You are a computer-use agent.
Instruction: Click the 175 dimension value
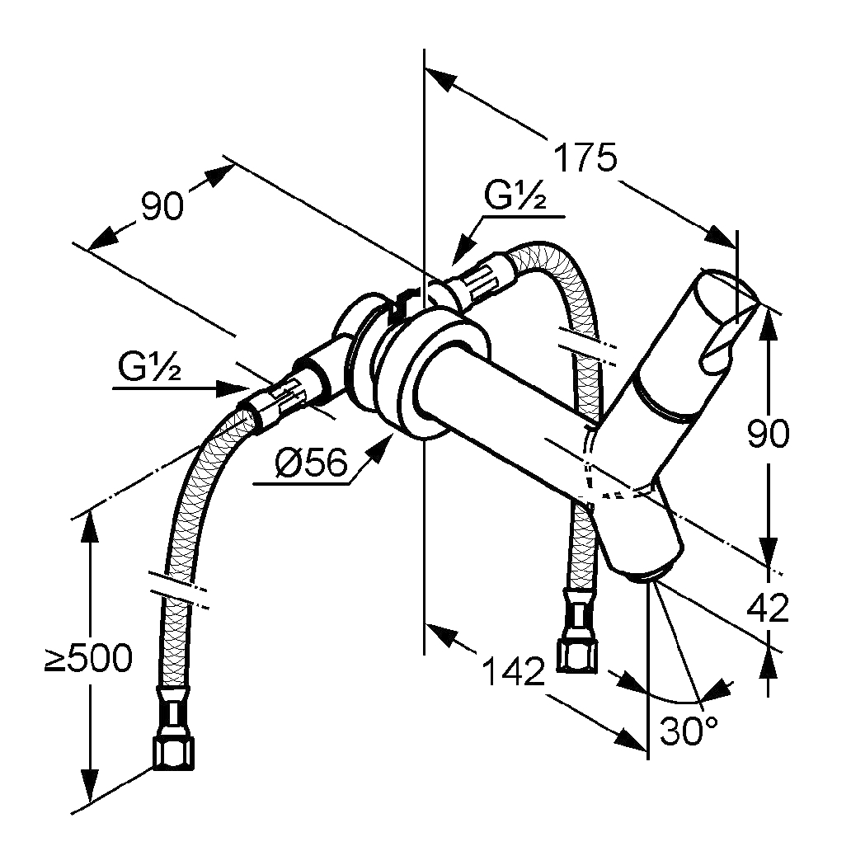pyautogui.click(x=584, y=158)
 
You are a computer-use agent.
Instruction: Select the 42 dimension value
pyautogui.click(x=768, y=609)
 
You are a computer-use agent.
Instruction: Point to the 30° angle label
pyautogui.click(x=689, y=731)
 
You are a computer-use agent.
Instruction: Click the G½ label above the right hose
pyautogui.click(x=515, y=197)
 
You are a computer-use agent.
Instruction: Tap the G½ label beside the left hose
pyautogui.click(x=148, y=369)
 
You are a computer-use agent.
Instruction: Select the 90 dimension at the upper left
pyautogui.click(x=161, y=207)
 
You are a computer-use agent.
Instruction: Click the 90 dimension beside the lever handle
pyautogui.click(x=768, y=433)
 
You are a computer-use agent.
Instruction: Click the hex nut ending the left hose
pyautogui.click(x=175, y=750)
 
